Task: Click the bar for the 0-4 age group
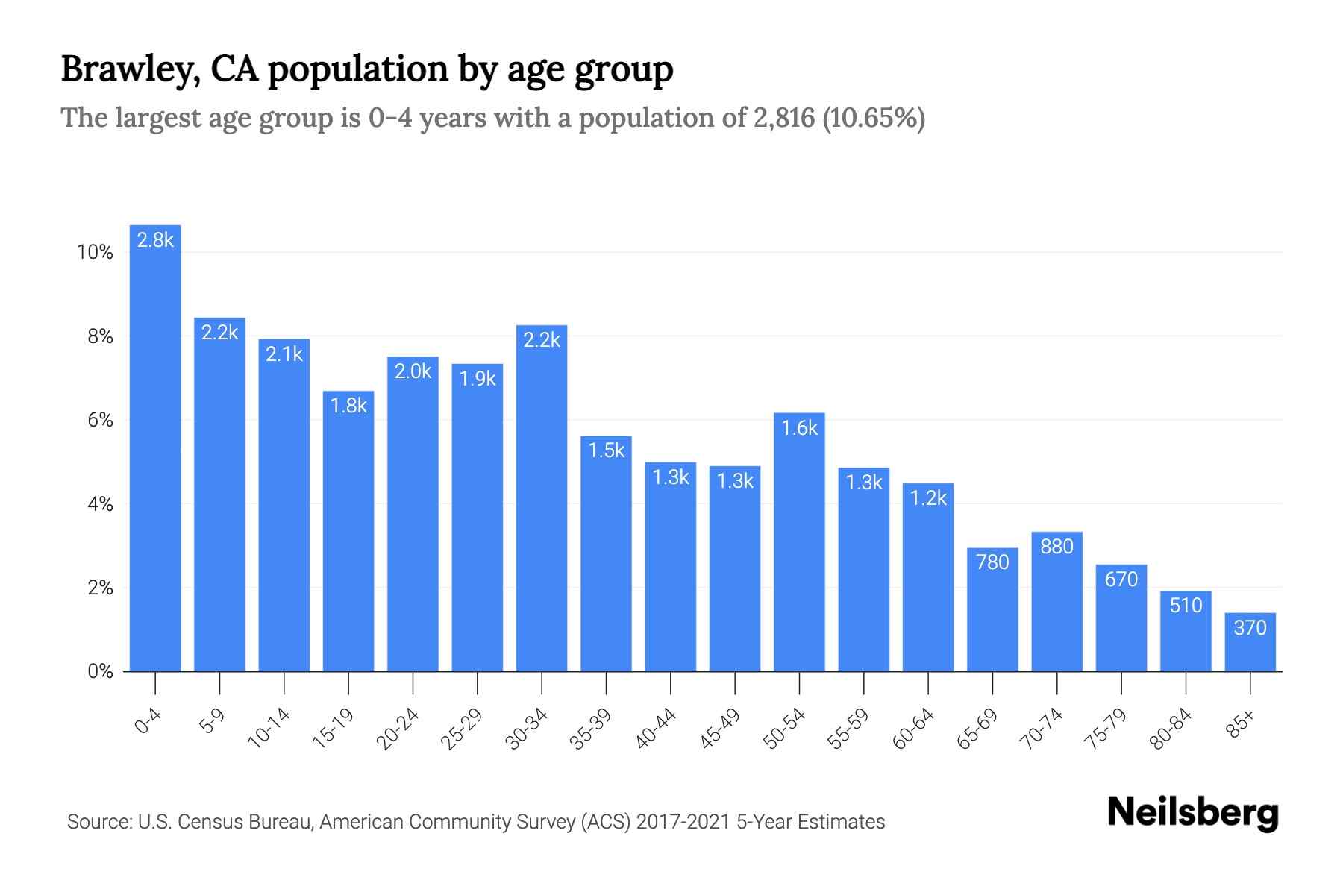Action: pos(155,462)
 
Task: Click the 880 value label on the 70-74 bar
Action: pos(1056,547)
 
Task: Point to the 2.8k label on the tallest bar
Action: pos(155,240)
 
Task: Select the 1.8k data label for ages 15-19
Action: pos(348,406)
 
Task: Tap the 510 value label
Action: pos(1186,605)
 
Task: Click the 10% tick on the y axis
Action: pos(95,253)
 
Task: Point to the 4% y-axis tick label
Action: pos(100,505)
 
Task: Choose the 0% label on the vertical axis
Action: pos(100,672)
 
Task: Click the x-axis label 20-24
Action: pos(397,729)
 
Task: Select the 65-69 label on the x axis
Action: pos(977,729)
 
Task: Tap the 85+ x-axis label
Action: pos(1241,724)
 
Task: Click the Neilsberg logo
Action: pos(1192,813)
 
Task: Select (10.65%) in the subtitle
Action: pos(874,118)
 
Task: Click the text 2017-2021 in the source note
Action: pos(683,822)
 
